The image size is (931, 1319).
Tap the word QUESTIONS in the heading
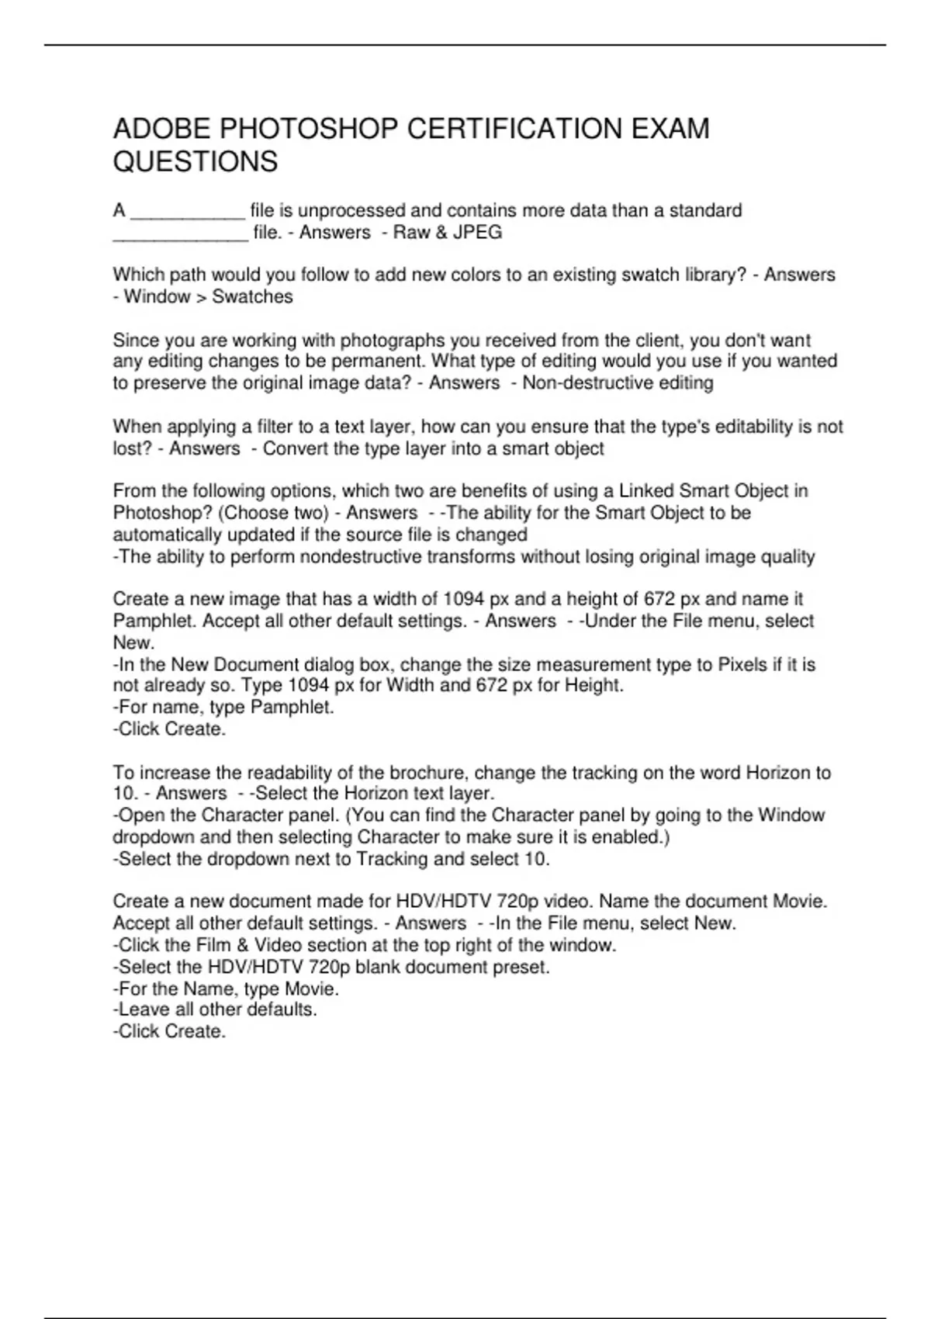pos(196,162)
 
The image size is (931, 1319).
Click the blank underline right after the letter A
pos(188,211)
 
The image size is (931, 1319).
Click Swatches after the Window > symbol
pos(252,296)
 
